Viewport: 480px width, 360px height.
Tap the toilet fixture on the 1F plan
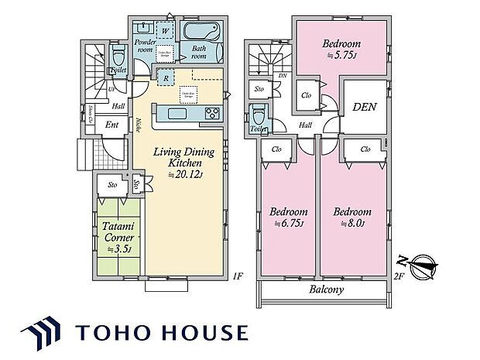tap(117, 56)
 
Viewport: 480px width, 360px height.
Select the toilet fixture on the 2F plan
tap(258, 116)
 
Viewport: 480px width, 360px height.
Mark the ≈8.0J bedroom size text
tap(353, 225)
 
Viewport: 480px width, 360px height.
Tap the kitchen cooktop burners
tap(212, 114)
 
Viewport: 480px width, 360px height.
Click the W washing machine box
tap(164, 31)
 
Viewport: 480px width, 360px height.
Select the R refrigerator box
tap(164, 77)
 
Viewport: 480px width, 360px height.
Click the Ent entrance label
tap(111, 124)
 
